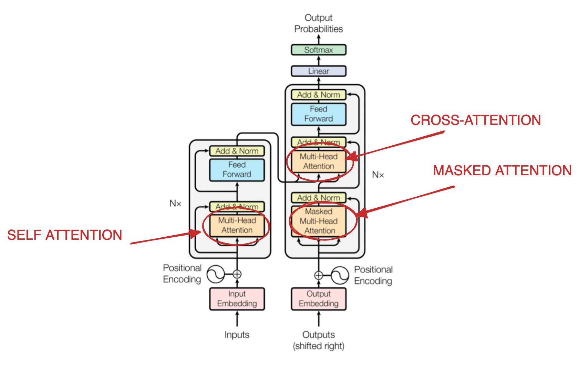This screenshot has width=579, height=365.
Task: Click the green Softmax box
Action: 319,50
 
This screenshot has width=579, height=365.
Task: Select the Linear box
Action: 319,71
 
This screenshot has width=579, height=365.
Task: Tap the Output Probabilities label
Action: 319,23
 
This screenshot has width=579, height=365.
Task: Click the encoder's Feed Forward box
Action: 237,169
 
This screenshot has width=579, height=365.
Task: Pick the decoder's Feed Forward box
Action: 319,114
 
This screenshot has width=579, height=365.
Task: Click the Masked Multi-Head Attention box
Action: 319,221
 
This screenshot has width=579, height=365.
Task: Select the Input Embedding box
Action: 237,299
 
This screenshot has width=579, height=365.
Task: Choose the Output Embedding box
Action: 319,299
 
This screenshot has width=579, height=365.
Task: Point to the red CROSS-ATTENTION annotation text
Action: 476,120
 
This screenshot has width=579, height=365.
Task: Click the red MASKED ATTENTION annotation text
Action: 502,170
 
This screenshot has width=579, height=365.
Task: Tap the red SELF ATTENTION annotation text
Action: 65,235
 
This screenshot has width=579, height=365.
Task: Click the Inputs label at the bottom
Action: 237,335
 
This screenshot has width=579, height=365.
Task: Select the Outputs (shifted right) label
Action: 319,340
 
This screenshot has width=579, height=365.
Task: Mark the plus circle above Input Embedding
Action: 237,274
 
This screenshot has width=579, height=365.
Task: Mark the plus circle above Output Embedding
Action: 319,275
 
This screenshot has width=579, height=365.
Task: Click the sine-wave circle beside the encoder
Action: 216,274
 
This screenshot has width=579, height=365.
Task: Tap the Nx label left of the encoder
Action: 175,204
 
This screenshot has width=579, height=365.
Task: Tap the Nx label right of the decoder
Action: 378,175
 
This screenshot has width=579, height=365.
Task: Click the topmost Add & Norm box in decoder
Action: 319,95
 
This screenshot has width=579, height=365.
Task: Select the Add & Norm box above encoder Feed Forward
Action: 237,151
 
